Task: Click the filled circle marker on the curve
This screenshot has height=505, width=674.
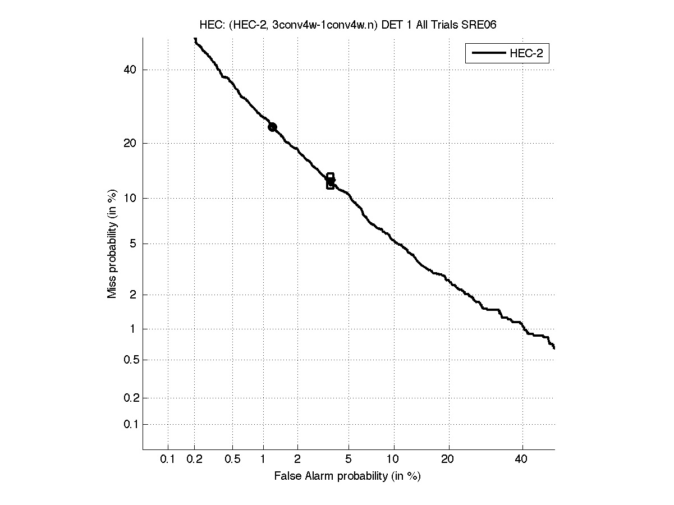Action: (272, 127)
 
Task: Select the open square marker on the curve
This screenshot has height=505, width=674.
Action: (330, 181)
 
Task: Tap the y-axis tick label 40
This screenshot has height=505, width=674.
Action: (130, 70)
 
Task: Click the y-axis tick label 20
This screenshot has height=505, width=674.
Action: (130, 143)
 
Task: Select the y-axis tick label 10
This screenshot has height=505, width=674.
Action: (130, 198)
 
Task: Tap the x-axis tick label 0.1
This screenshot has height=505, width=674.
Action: (168, 460)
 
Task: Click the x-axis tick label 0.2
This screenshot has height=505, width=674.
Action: (195, 460)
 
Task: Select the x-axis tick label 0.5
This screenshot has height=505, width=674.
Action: (232, 460)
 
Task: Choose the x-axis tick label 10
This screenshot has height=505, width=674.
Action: (394, 460)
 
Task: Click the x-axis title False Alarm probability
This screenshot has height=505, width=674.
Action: (347, 476)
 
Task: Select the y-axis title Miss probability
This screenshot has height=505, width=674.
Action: (113, 244)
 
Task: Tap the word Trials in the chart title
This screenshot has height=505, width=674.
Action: (441, 25)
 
